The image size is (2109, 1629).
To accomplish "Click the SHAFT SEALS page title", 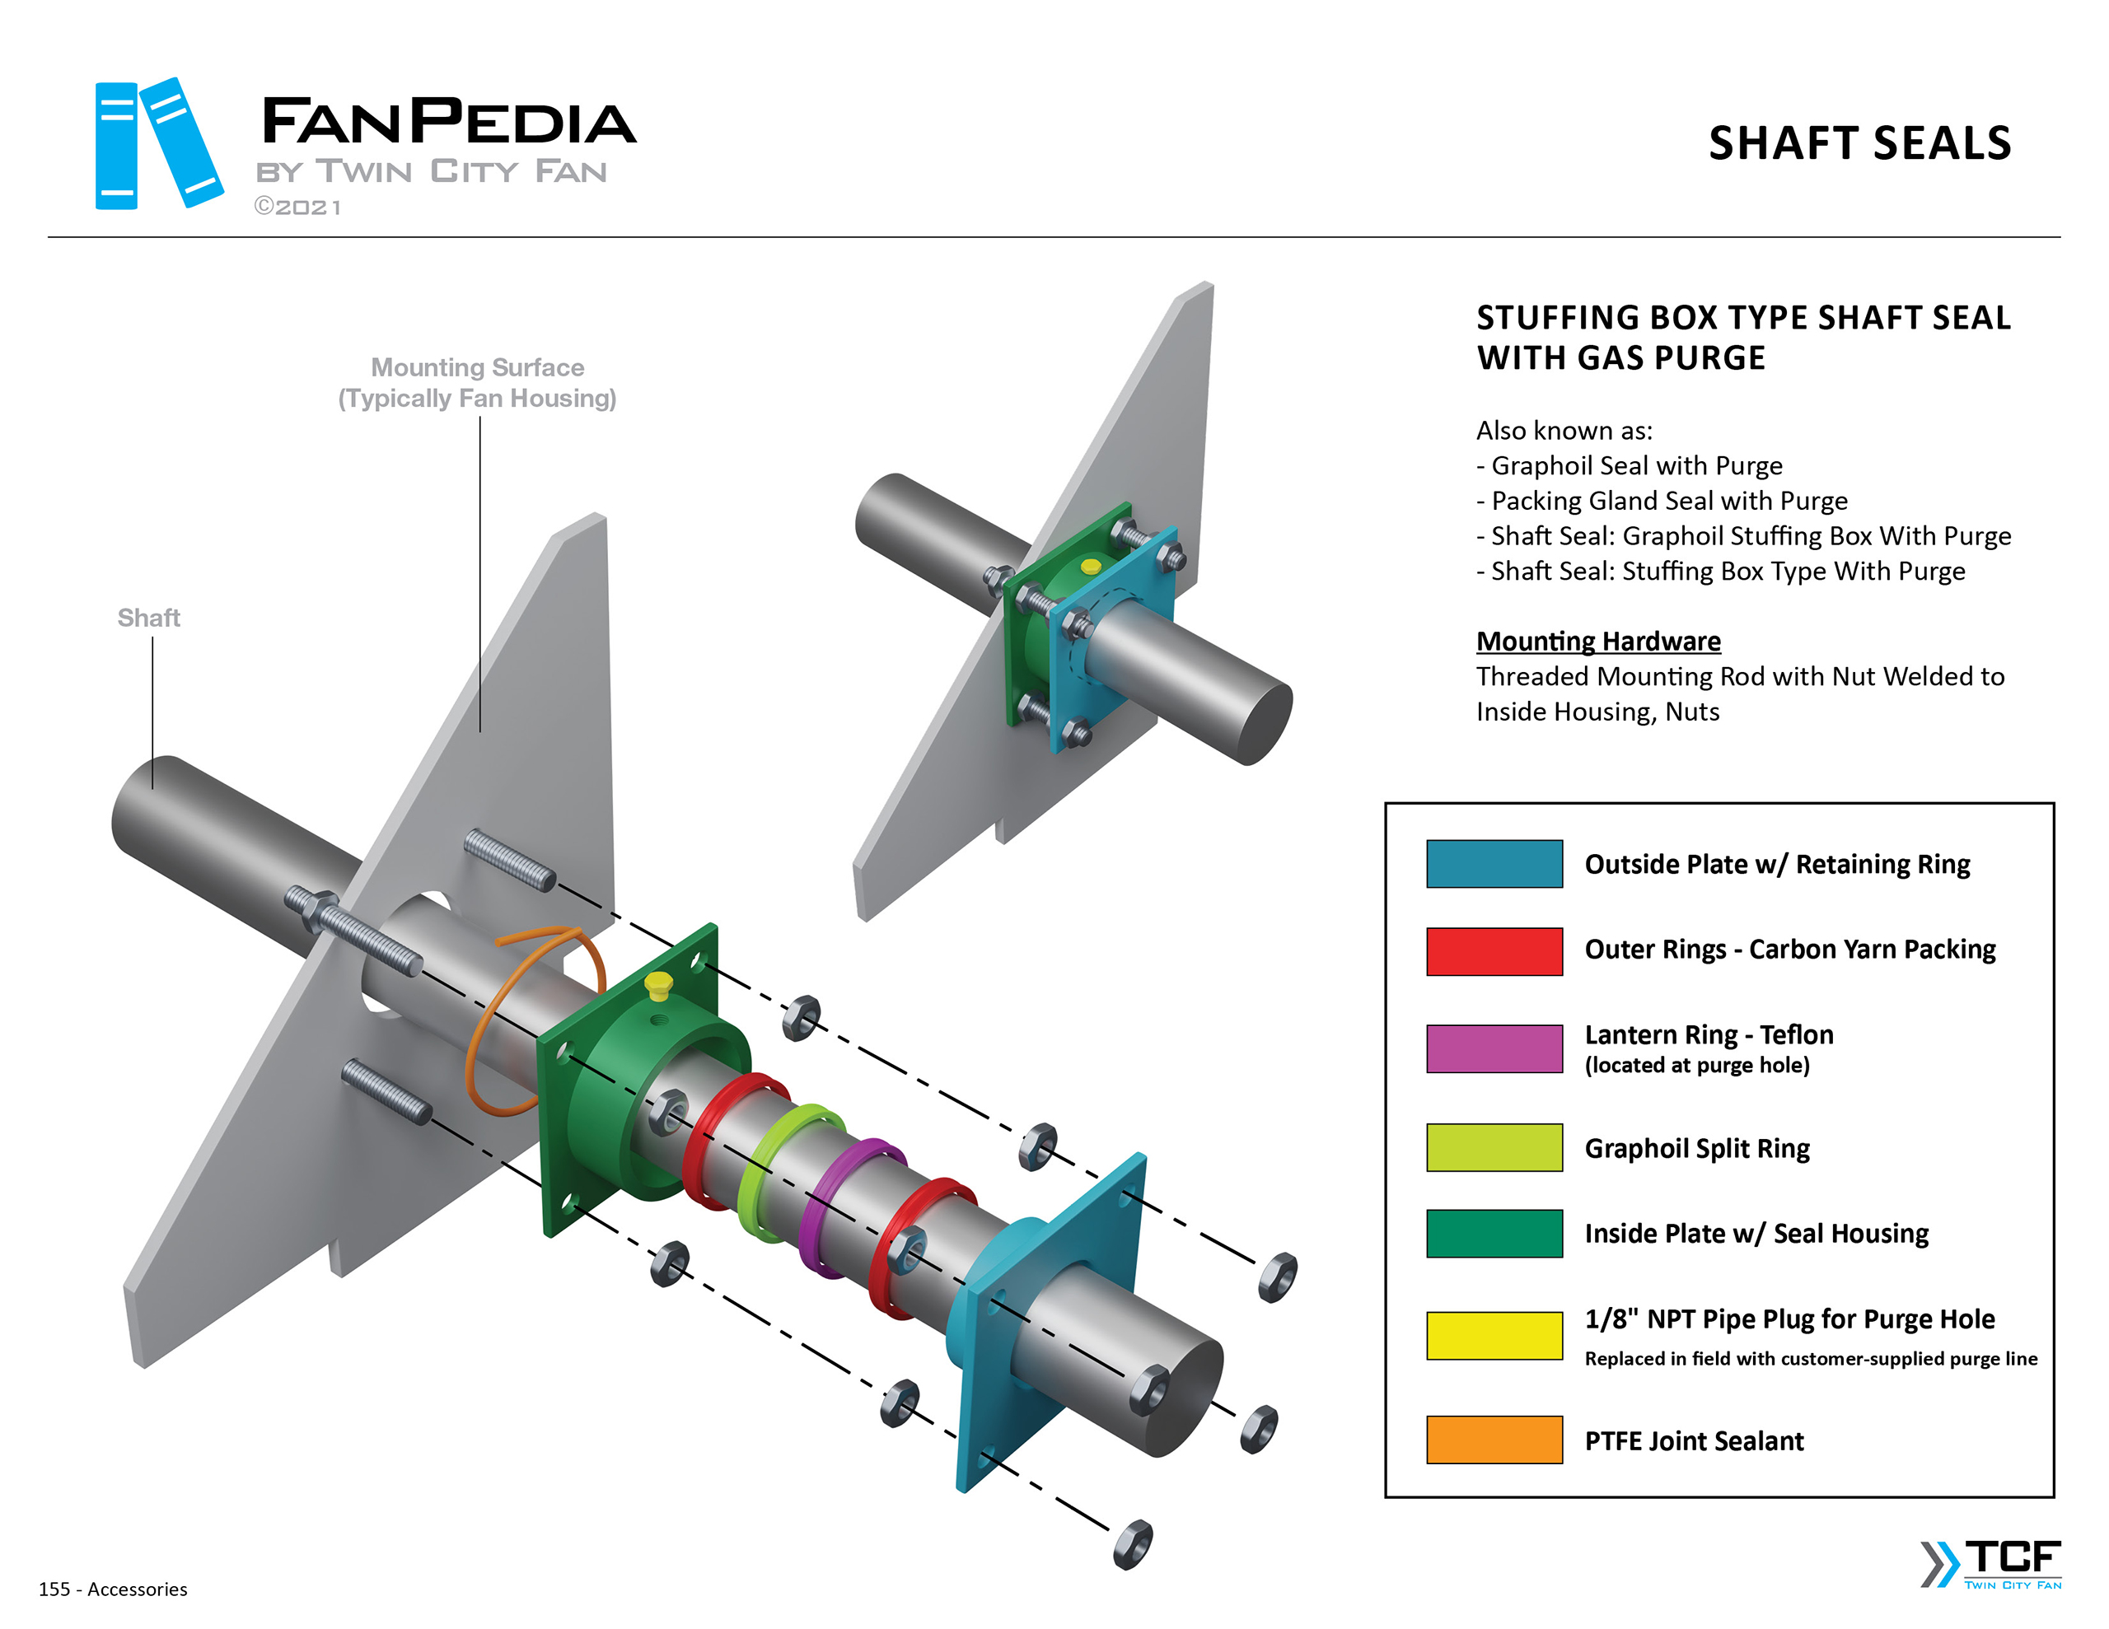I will tap(1859, 143).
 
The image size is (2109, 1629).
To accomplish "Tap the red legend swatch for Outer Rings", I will tap(1493, 951).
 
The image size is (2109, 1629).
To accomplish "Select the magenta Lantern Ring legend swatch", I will tap(1493, 1048).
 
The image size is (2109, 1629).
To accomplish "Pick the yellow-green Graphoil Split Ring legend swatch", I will tap(1493, 1147).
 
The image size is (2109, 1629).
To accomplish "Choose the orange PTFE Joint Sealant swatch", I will tap(1493, 1439).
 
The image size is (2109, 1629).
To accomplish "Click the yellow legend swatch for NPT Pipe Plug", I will tap(1493, 1334).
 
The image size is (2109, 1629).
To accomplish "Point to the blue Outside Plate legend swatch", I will tap(1493, 863).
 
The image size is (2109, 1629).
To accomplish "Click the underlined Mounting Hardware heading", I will tap(1597, 642).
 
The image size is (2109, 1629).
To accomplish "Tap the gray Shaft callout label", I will tap(149, 618).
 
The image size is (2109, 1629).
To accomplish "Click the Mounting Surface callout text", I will tap(477, 382).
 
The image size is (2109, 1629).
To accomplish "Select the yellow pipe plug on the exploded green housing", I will tap(658, 985).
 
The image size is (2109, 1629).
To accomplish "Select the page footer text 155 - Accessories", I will tap(113, 1589).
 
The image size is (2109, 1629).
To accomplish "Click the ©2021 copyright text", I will tap(297, 208).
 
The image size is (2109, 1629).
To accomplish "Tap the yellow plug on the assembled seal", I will tap(1090, 567).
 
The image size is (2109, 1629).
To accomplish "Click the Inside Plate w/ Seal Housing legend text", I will tap(1756, 1233).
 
